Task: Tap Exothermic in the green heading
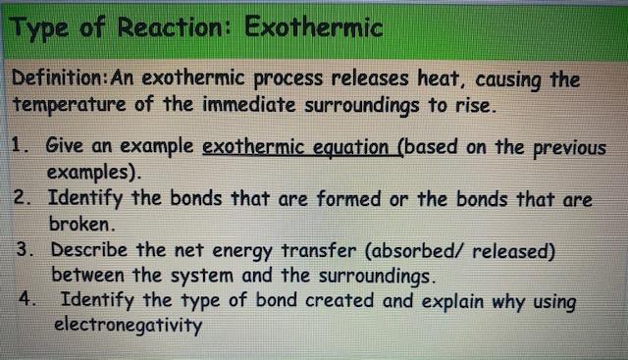pyautogui.click(x=312, y=27)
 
